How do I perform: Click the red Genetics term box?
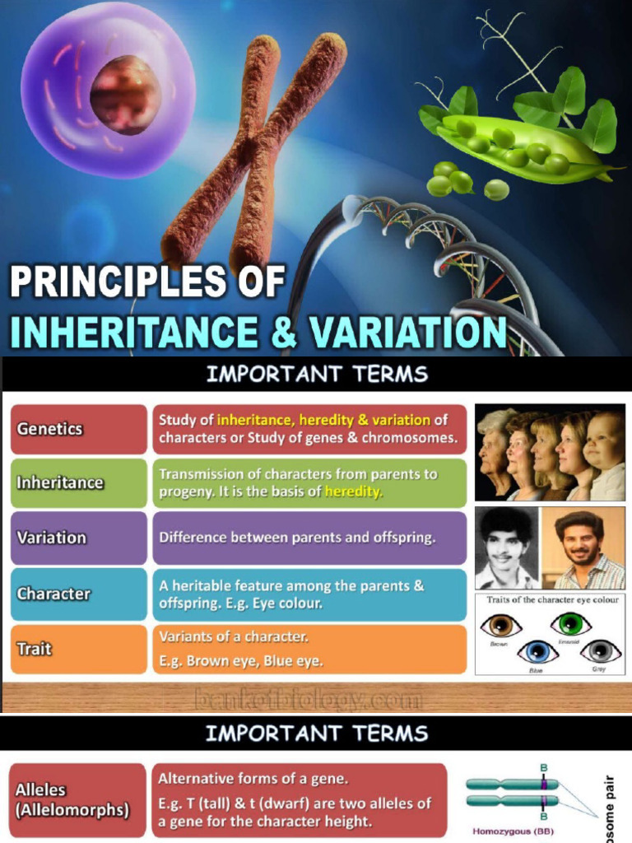(78, 429)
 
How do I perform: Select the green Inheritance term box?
(78, 483)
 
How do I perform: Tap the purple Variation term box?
(78, 538)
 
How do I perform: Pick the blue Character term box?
(78, 594)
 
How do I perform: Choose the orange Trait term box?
(78, 649)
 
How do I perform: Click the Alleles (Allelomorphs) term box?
(78, 799)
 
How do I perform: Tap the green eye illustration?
(571, 623)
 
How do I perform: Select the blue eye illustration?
(537, 653)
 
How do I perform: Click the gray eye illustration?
(600, 651)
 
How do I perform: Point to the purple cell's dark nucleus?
(125, 94)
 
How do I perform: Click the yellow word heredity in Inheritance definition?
(354, 492)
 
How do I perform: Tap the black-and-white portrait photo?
(507, 547)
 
